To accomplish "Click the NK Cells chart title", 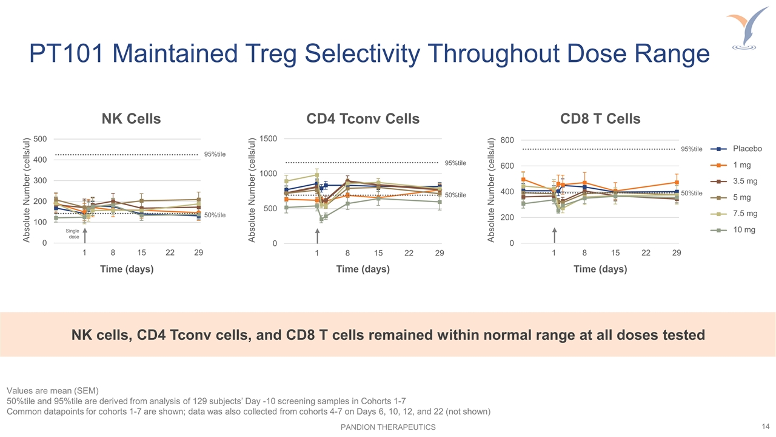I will (x=131, y=119).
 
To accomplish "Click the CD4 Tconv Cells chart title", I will (x=363, y=119).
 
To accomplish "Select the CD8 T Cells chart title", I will (x=600, y=119).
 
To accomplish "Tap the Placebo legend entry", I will (x=748, y=149).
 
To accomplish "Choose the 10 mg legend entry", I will (x=744, y=230).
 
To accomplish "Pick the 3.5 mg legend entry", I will (x=745, y=181).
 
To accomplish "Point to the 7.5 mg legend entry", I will (x=745, y=214).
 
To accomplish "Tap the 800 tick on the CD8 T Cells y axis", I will (x=507, y=140).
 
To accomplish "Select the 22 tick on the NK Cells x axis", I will (x=170, y=253).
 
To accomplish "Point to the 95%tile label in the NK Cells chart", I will (x=215, y=154).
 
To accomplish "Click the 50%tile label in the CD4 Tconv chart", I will (x=455, y=195).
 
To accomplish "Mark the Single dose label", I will (x=73, y=234).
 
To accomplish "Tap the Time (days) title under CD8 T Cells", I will (x=600, y=269).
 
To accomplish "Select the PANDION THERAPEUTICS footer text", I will (x=388, y=427).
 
